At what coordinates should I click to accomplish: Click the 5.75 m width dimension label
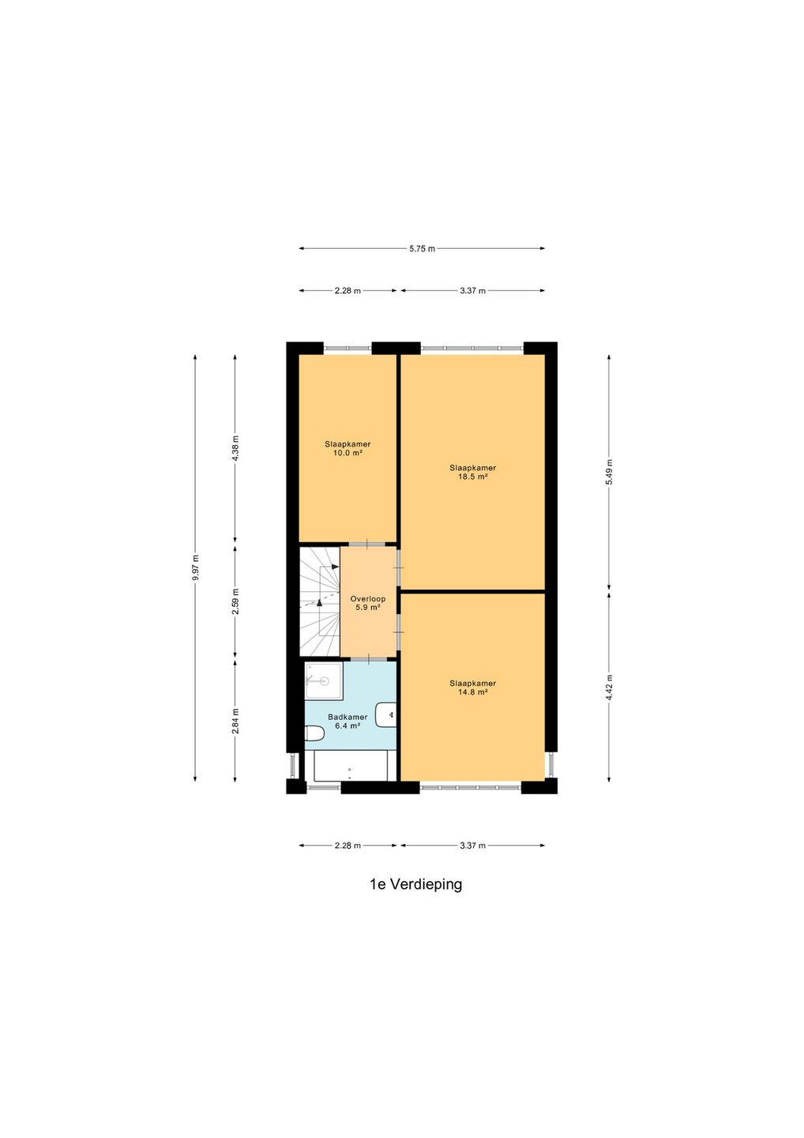[422, 249]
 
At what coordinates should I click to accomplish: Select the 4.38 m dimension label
[235, 449]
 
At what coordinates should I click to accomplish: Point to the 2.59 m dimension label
[235, 601]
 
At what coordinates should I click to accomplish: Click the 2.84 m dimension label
[235, 721]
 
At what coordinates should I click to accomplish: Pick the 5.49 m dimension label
[609, 473]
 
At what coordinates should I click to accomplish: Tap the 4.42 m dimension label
[609, 688]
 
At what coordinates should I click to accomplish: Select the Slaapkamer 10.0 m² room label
[348, 449]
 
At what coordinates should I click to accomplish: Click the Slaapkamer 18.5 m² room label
[472, 472]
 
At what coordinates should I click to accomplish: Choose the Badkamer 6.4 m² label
[348, 722]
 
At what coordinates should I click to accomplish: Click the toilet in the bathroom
[314, 733]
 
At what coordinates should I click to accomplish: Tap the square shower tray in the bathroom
[323, 680]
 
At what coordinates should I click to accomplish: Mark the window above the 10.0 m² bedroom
[348, 348]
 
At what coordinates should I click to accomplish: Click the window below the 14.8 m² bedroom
[471, 787]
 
